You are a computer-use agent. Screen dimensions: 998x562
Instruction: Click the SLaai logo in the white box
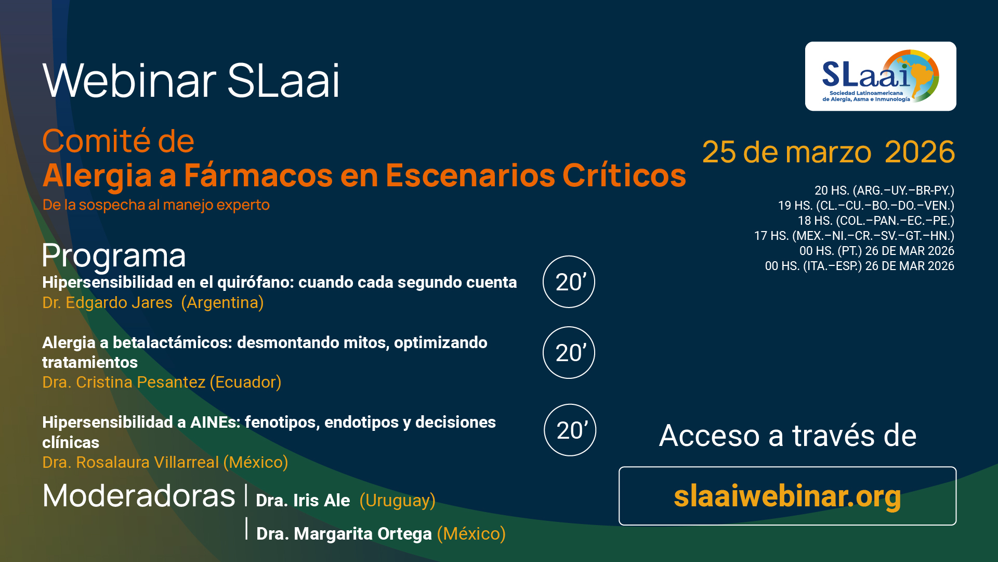(x=881, y=76)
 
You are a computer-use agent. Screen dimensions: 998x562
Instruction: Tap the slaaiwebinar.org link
(x=787, y=496)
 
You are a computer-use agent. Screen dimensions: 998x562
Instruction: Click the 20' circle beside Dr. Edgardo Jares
(x=569, y=282)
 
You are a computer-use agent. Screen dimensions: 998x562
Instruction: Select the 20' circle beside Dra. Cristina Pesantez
(x=569, y=352)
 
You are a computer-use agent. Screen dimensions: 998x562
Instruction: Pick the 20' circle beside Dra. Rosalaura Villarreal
(x=570, y=430)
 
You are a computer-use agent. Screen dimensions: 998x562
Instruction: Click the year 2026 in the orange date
(x=920, y=152)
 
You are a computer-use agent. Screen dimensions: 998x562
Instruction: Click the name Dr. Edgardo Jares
(x=107, y=302)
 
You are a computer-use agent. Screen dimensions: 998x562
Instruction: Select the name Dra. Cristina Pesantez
(x=124, y=382)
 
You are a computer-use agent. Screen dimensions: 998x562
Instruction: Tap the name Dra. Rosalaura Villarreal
(x=130, y=462)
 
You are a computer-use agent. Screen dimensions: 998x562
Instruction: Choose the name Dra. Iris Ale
(x=303, y=500)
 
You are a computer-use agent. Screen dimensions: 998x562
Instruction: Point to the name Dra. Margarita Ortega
(x=344, y=533)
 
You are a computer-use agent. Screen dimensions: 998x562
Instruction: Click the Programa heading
(x=114, y=256)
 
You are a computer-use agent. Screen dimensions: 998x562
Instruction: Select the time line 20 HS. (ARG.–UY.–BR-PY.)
(x=884, y=190)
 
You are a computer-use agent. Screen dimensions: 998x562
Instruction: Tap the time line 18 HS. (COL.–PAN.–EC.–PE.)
(x=876, y=221)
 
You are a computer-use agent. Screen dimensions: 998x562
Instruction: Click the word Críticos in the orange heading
(x=624, y=175)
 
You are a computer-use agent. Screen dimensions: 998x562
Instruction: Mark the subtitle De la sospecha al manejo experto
(x=156, y=205)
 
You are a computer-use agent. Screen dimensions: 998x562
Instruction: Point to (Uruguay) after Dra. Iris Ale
(x=398, y=500)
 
